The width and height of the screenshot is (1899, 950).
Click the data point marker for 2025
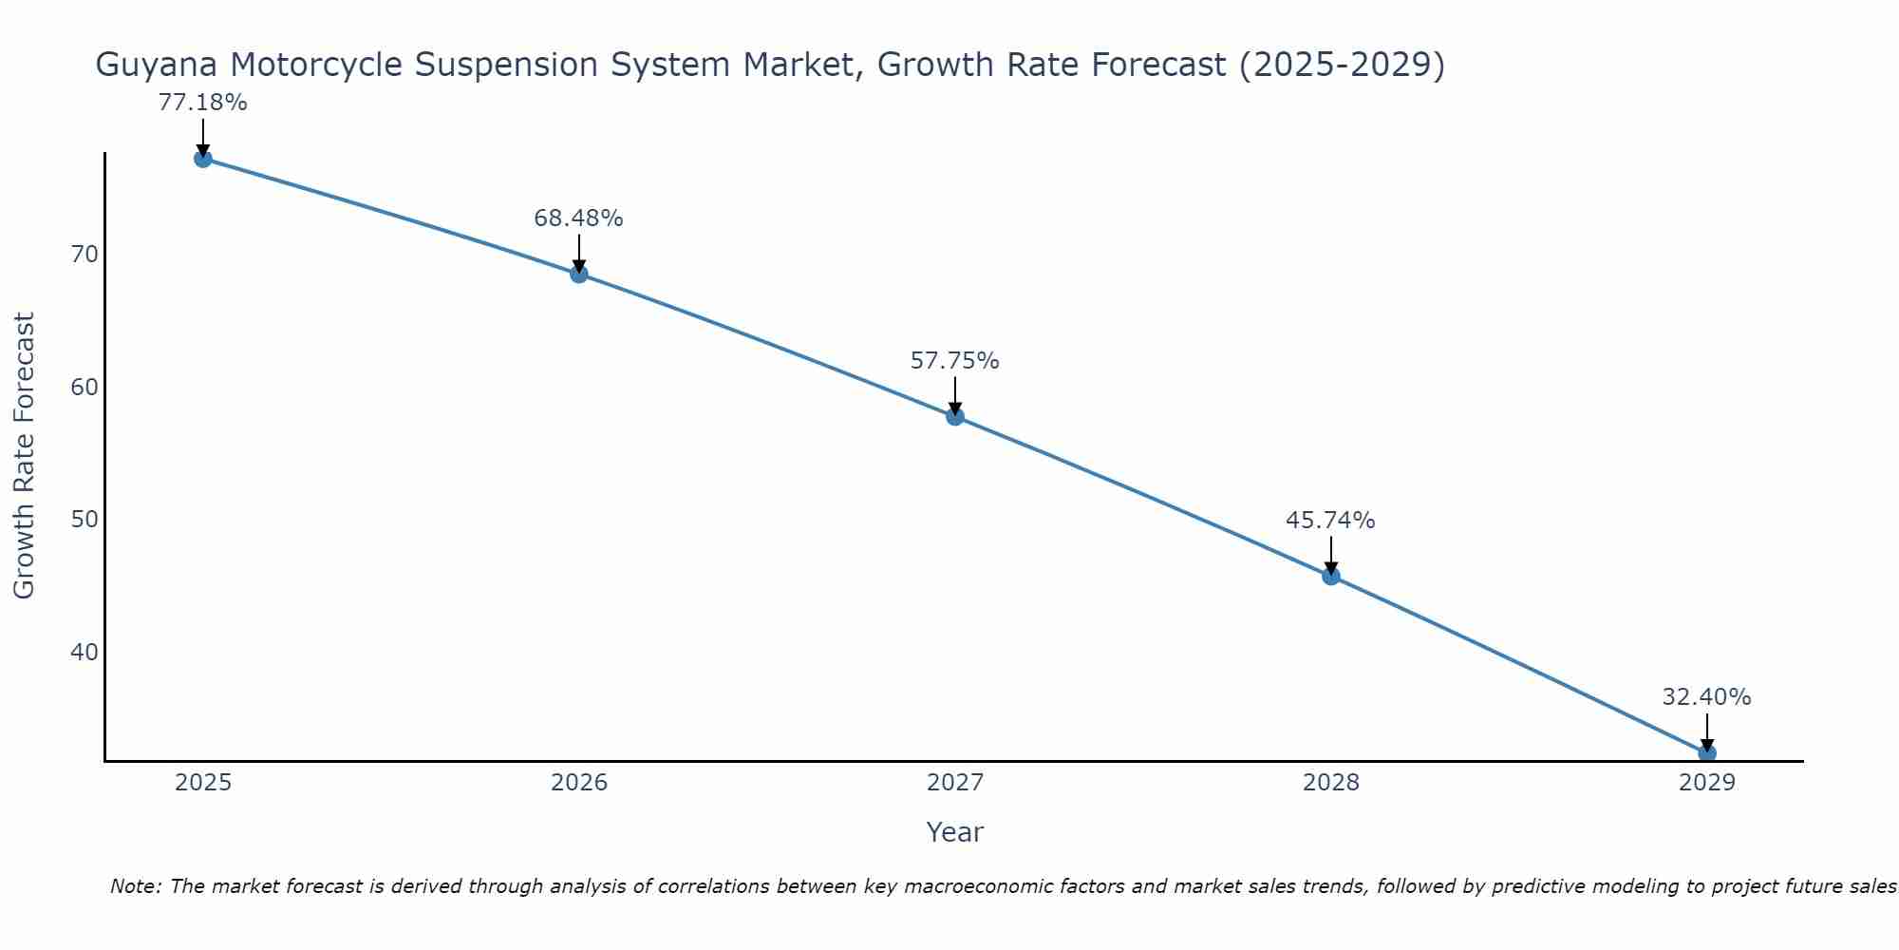(x=202, y=159)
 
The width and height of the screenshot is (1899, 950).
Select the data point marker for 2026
(x=579, y=275)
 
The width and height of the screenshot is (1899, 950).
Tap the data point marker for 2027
(x=955, y=416)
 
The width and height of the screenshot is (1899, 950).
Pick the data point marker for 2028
(x=1331, y=576)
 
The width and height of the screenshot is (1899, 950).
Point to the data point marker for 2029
(x=1707, y=752)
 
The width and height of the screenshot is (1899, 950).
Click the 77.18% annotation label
(x=202, y=103)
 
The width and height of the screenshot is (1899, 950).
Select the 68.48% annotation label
(x=578, y=218)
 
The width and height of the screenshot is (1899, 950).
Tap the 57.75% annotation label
(x=954, y=361)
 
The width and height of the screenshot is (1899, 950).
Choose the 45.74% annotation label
(x=1330, y=521)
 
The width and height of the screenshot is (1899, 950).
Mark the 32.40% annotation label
(x=1706, y=697)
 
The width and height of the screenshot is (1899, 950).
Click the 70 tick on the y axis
(x=84, y=255)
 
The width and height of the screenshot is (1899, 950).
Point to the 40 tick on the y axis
(x=84, y=653)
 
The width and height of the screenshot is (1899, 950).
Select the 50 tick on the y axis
(x=84, y=520)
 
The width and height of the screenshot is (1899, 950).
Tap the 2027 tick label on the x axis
(x=955, y=783)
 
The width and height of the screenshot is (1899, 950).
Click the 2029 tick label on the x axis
(x=1707, y=783)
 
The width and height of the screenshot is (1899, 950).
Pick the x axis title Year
(x=954, y=832)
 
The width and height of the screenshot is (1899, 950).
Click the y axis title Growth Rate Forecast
(x=24, y=456)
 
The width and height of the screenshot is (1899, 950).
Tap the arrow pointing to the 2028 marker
(x=1331, y=555)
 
